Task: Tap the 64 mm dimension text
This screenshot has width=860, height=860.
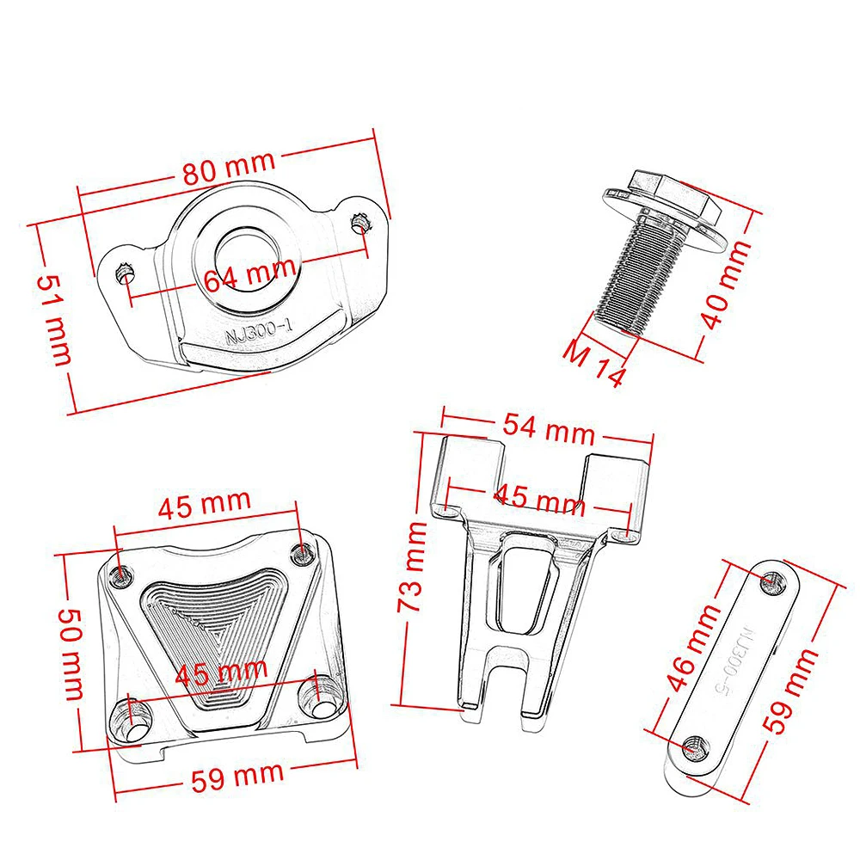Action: coord(250,273)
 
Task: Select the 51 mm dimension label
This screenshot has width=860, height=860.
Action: coord(54,320)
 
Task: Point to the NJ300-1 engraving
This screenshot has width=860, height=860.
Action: coord(260,331)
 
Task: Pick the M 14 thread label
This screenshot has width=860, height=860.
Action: coord(594,363)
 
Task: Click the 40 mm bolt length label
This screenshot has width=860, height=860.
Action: coord(726,284)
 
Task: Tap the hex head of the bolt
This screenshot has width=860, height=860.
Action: coord(674,194)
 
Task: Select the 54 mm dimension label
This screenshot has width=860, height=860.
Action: coord(549,428)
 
